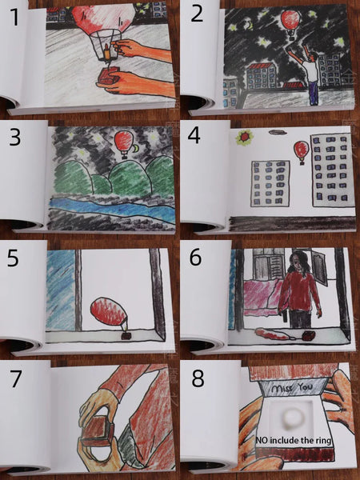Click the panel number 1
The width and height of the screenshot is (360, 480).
[14, 17]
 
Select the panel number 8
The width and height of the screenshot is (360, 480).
[198, 378]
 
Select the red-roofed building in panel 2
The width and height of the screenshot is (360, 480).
[261, 76]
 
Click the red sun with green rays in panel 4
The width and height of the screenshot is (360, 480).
[244, 138]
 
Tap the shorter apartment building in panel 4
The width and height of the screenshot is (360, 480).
[270, 183]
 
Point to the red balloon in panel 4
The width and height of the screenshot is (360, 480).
[302, 152]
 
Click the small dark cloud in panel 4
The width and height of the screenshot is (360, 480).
[277, 132]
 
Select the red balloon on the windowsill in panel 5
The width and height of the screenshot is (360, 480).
[109, 313]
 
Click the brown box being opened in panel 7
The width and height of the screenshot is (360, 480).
[98, 432]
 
